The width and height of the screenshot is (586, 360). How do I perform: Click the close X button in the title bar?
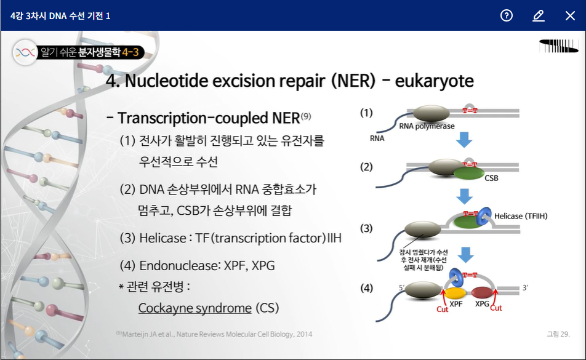[x=570, y=16]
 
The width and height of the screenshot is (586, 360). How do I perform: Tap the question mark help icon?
[x=507, y=16]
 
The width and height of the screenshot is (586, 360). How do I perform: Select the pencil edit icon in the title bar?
[x=539, y=16]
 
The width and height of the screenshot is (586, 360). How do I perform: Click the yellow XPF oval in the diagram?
[x=455, y=294]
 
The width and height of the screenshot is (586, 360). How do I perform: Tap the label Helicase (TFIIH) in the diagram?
[x=521, y=216]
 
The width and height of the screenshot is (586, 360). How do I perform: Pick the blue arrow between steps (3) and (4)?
[x=466, y=254]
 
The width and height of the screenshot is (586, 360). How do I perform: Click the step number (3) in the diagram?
[x=367, y=228]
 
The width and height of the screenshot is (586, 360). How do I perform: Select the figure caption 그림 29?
[x=558, y=334]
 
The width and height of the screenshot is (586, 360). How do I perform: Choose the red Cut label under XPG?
[x=496, y=308]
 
